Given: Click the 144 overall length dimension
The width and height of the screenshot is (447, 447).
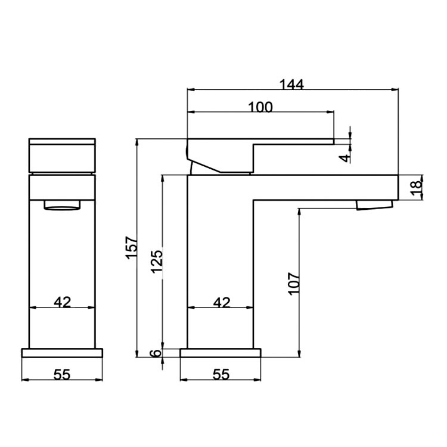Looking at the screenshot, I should [292, 84].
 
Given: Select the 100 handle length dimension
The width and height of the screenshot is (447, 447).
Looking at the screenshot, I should [260, 107].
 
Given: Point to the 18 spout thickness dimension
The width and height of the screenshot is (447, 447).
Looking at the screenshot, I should [417, 187].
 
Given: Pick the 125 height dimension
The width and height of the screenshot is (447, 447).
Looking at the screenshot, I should [157, 260].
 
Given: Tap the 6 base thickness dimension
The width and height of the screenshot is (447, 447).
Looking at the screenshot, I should [156, 353].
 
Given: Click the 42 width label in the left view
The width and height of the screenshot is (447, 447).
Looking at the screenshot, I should [62, 302].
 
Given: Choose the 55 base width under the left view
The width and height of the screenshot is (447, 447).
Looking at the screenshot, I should [62, 374].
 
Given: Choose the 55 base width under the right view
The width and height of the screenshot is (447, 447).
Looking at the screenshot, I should [221, 374].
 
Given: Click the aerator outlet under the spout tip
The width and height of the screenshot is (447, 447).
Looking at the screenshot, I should [374, 206].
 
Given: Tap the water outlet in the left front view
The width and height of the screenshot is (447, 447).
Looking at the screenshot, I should [62, 206].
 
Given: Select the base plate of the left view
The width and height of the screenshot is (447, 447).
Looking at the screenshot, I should [62, 353].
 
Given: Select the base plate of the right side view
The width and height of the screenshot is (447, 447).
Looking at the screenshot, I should [221, 353].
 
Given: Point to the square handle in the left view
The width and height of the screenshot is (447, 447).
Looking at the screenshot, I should [62, 156].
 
